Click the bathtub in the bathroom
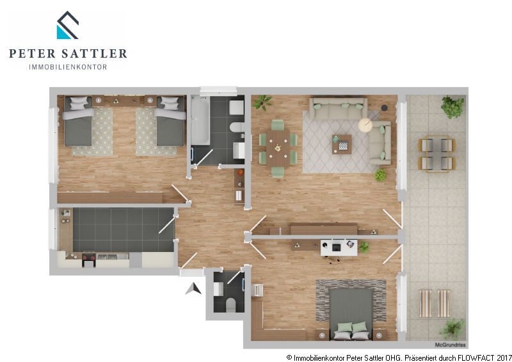click(x=200, y=120)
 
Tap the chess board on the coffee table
click(x=343, y=145)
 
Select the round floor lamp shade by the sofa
click(x=365, y=125)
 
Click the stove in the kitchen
click(x=89, y=258)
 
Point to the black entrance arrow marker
click(x=194, y=288)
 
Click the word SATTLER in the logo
click(x=94, y=54)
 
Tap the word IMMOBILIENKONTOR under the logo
click(x=68, y=67)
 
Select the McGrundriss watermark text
click(x=451, y=345)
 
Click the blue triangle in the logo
click(x=63, y=33)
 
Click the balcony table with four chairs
click(x=437, y=153)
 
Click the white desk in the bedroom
click(x=339, y=248)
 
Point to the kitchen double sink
click(x=108, y=256)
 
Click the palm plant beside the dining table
click(x=262, y=102)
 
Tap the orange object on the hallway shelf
click(x=241, y=172)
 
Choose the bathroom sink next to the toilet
click(x=239, y=150)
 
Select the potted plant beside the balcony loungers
click(x=452, y=329)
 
